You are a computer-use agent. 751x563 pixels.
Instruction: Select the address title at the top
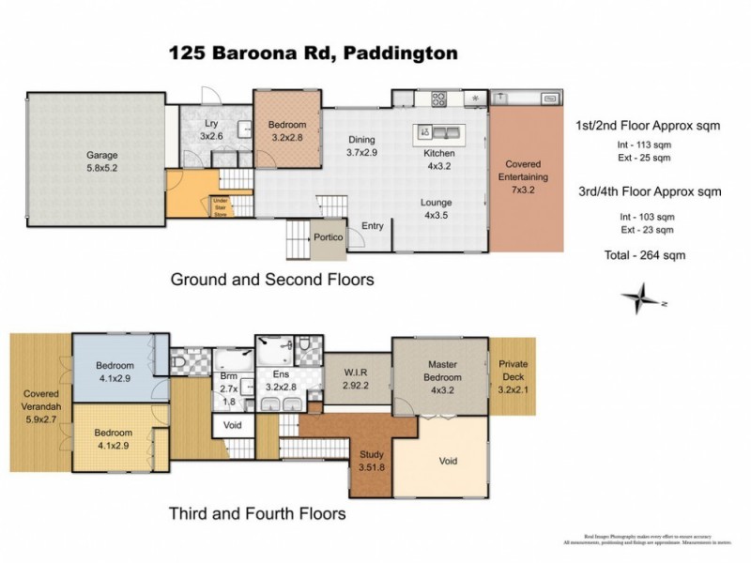pos(314,53)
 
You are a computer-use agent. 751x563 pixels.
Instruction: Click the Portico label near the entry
pos(328,237)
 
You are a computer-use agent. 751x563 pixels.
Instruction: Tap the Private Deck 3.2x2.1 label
pos(513,371)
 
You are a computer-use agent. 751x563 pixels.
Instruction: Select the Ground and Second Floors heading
pos(271,279)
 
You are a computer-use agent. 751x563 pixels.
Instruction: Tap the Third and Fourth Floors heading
pos(257,513)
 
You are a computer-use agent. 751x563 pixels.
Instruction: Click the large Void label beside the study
pos(448,462)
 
